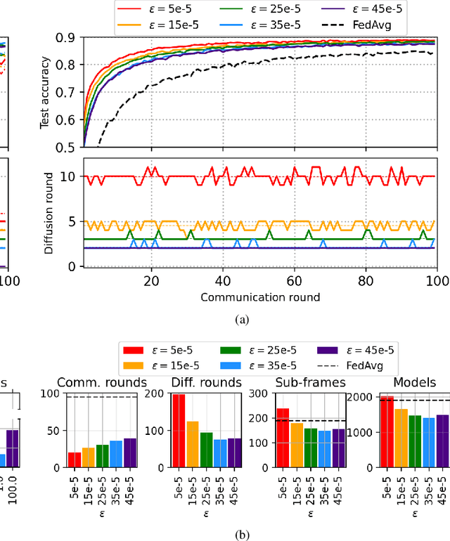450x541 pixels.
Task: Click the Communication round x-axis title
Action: click(x=260, y=296)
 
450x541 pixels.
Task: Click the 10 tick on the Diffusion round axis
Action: click(x=70, y=176)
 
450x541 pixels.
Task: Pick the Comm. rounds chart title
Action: click(x=103, y=382)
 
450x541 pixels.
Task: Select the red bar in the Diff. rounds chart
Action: click(x=179, y=431)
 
